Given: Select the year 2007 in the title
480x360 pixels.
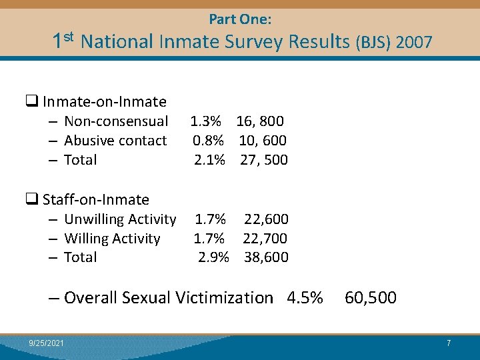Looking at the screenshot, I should (x=413, y=43).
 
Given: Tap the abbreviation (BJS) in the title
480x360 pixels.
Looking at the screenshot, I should (x=373, y=43).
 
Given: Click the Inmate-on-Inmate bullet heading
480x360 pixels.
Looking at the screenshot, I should (x=104, y=102).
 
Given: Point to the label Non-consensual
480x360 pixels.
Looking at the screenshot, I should (x=116, y=121).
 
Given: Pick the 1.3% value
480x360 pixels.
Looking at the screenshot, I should (x=206, y=121).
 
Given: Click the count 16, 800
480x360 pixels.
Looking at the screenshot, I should (x=260, y=121).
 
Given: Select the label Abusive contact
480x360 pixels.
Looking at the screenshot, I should (x=115, y=141).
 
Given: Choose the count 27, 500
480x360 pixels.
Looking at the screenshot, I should (x=264, y=160).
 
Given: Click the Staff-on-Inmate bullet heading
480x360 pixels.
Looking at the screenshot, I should (x=95, y=199).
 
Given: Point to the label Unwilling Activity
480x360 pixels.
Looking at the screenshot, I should (x=120, y=219).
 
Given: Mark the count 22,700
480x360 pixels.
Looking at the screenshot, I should (x=265, y=238).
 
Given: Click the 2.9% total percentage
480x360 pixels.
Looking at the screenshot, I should (x=214, y=257).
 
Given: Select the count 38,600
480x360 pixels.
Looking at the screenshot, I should (x=266, y=257).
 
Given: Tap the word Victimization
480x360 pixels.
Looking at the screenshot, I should (x=224, y=297).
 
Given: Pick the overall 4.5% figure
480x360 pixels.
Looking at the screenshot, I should (x=305, y=297).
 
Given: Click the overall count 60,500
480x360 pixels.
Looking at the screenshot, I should (x=371, y=297).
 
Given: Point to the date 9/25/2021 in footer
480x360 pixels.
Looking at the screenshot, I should (x=47, y=343).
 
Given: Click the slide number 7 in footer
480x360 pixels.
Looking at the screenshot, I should (x=449, y=343).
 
